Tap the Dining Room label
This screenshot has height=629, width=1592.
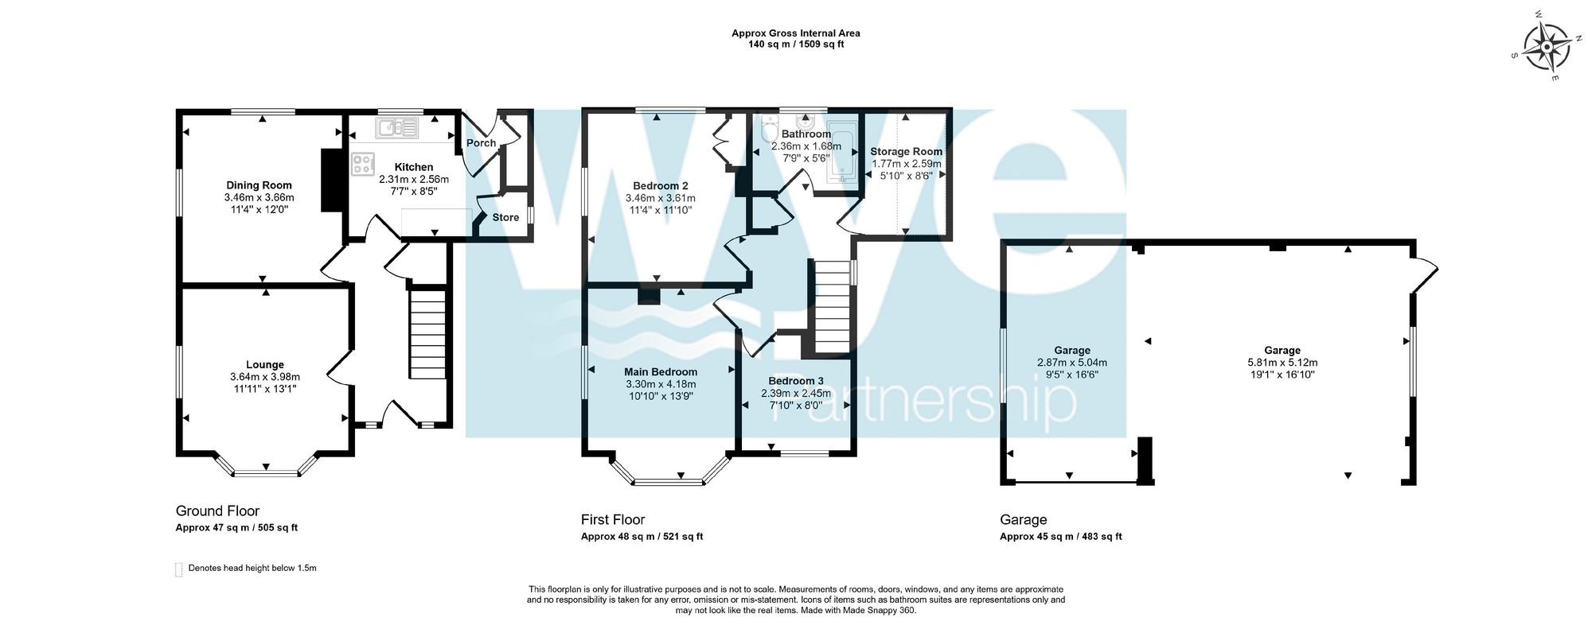coord(259,185)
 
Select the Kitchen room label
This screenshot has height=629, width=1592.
coord(414,167)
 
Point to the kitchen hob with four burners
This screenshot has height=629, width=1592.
coord(363,164)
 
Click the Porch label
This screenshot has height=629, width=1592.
coord(481,143)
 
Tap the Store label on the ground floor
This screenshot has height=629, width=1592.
coord(505,217)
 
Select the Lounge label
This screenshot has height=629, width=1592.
coord(264,365)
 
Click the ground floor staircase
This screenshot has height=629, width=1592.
coord(427,336)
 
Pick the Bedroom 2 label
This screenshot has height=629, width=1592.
coord(661,186)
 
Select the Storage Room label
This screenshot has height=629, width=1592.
coord(906,151)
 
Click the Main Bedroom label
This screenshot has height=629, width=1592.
coord(661,372)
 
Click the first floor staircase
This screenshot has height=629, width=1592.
coord(832,308)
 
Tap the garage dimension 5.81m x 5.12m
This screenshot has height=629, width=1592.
coord(1282,362)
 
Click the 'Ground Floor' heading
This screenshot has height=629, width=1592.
coord(217,511)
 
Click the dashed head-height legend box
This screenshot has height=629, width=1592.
coord(178,569)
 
